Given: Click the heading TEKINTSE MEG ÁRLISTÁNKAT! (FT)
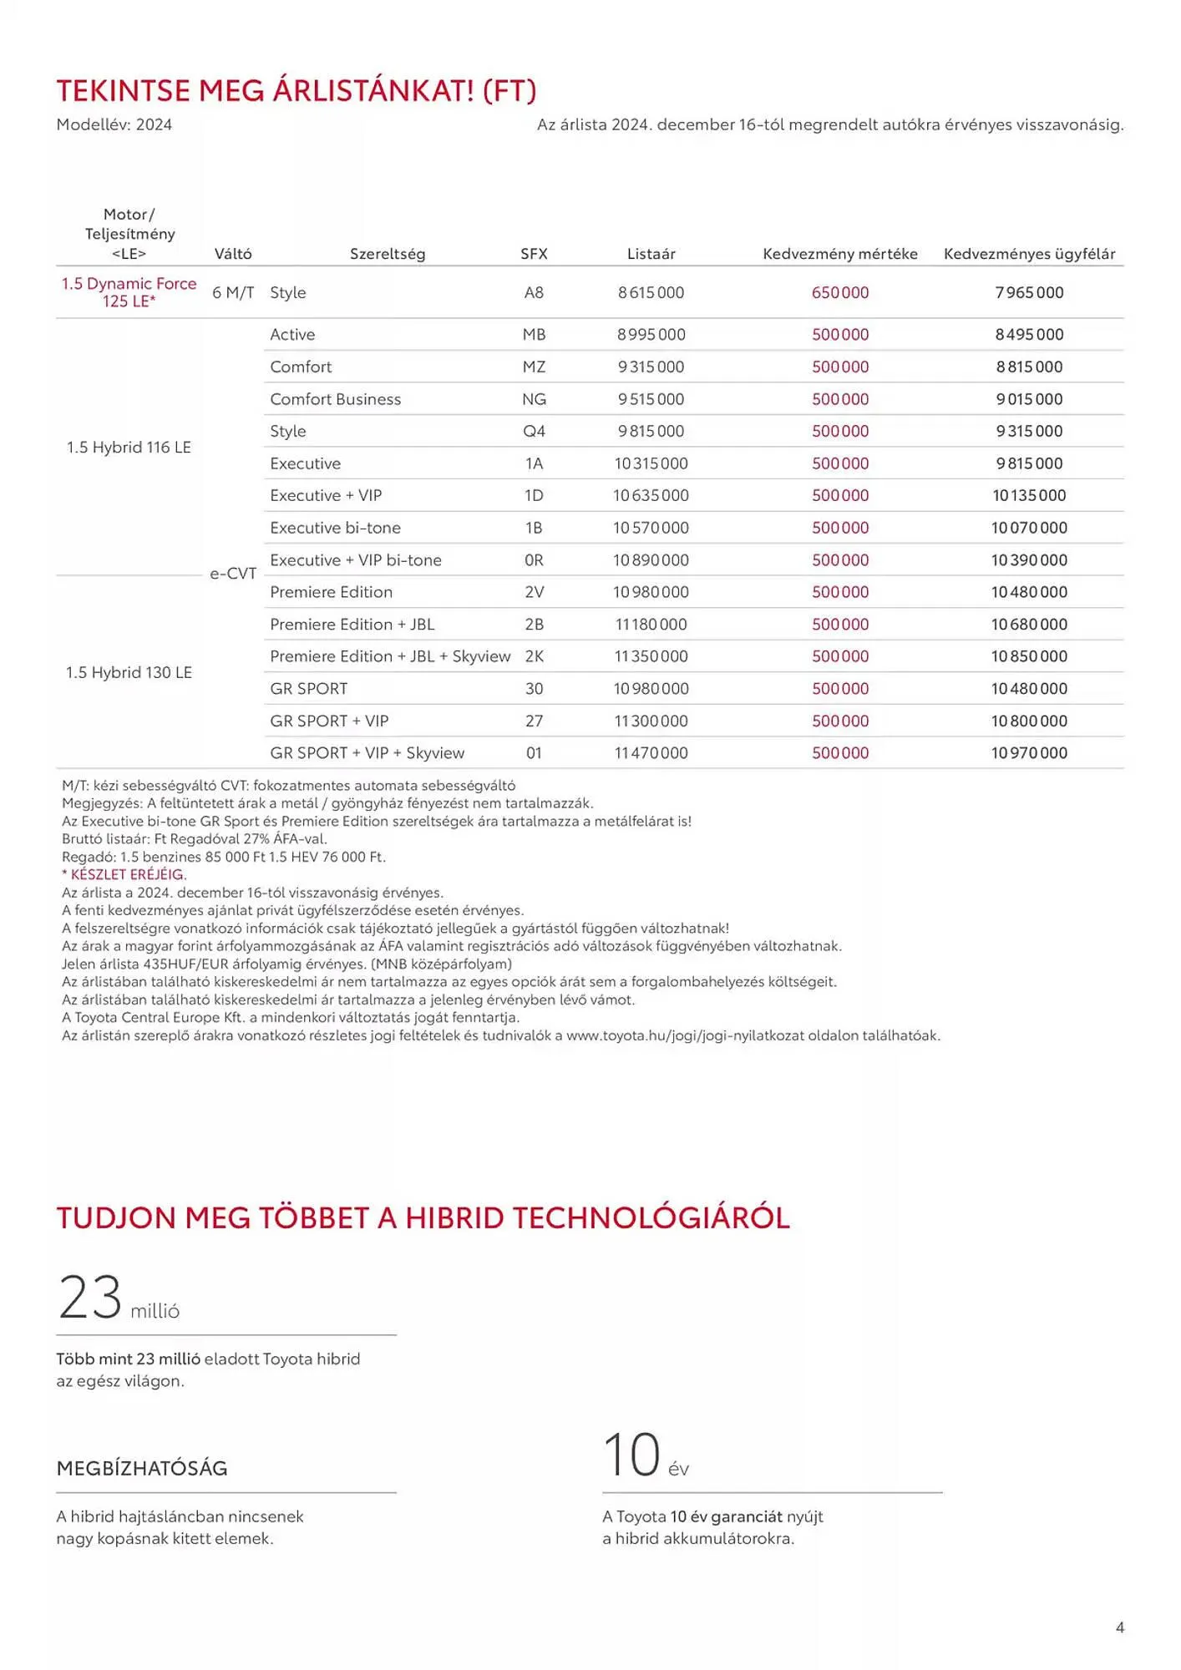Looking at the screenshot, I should coord(296,90).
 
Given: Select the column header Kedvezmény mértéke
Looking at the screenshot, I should coord(839,254).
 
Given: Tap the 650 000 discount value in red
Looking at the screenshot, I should coord(840,293).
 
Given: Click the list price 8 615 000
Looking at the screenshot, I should coord(651,293).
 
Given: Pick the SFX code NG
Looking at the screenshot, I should coord(534,399).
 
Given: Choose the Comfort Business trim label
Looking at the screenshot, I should coord(335,399).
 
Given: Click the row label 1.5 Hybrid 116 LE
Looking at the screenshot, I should coord(129,448).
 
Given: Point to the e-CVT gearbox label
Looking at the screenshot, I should coord(233,574).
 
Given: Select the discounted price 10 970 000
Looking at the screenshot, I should coord(1029,753).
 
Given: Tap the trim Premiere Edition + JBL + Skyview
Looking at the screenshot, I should coord(389,656).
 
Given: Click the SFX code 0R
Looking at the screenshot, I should coord(534,560).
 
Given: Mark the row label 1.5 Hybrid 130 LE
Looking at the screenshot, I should coord(129,673).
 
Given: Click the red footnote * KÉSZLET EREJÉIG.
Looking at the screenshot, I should coord(124,874).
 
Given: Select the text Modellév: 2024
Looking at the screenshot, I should coord(114,124).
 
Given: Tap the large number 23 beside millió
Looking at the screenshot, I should coord(90,1298).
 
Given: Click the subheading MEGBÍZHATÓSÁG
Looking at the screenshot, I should coord(142,1468).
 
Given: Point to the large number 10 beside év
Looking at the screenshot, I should coord(631,1455).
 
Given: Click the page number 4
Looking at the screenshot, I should coord(1119,1627).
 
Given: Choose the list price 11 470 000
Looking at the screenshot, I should coord(651,753).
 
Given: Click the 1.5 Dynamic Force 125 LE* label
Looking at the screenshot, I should coord(129,292).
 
